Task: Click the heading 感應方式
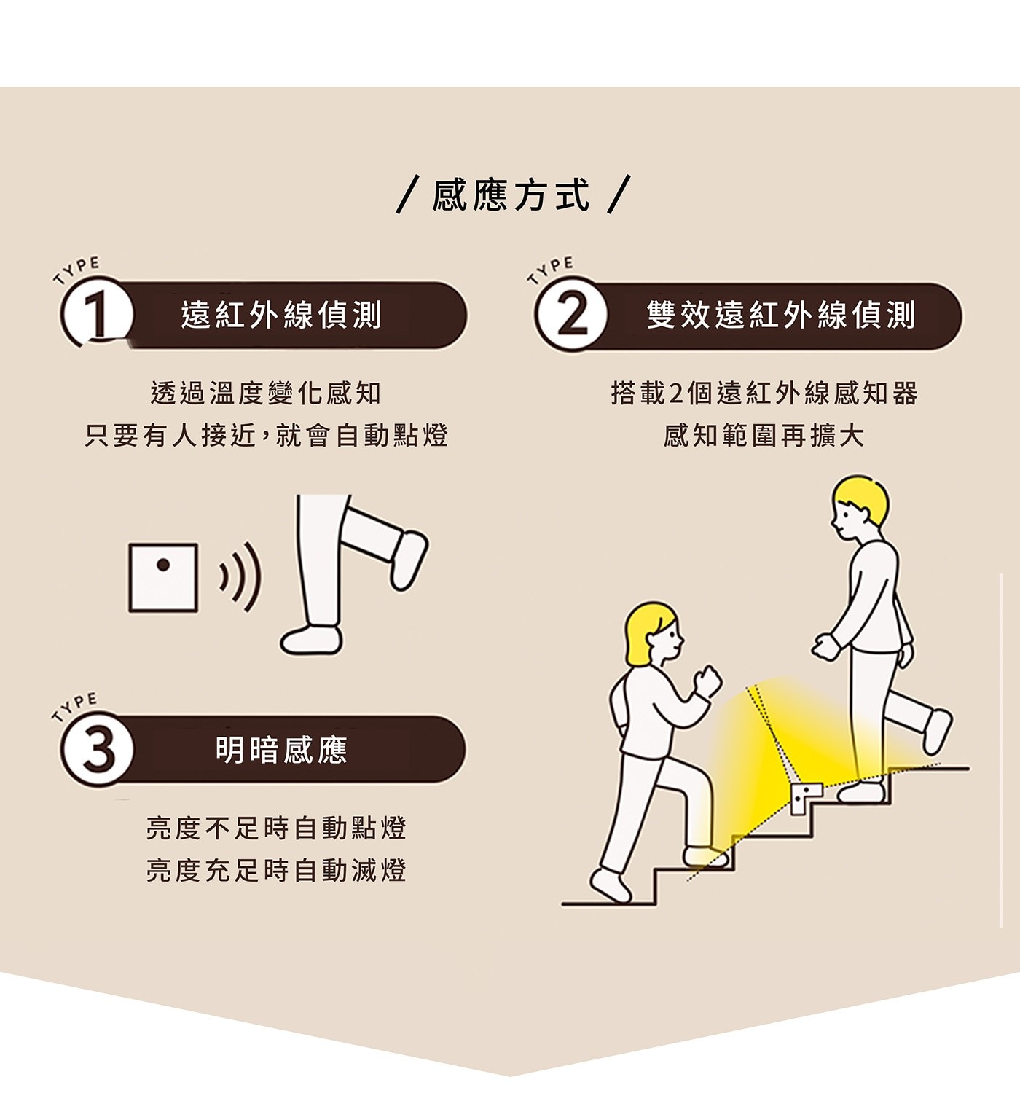point(511,195)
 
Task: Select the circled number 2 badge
point(570,314)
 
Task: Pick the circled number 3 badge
point(98,750)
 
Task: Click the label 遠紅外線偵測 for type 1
point(281,315)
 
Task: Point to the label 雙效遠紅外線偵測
point(780,316)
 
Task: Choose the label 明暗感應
point(281,750)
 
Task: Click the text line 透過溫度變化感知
point(266,393)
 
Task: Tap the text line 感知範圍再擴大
point(764,436)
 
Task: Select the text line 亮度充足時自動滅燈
point(276,870)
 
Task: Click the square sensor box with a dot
point(163,577)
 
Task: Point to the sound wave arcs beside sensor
point(240,577)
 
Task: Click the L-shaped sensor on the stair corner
point(807,796)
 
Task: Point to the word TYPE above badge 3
point(75,706)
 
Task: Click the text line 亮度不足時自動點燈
point(276,828)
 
